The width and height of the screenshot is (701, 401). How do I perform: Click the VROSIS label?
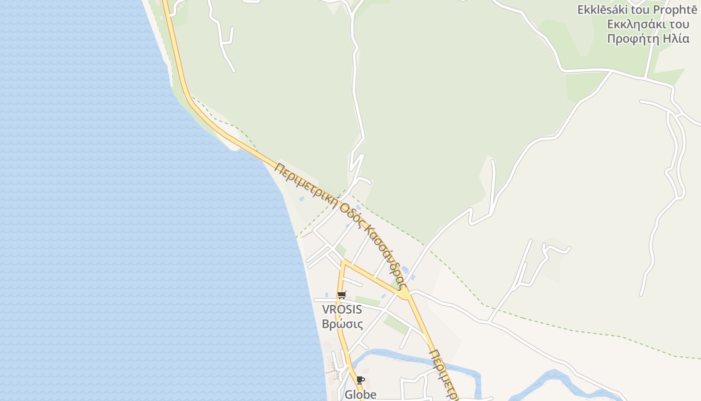[342, 309]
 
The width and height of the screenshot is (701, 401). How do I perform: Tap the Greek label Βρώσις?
[342, 324]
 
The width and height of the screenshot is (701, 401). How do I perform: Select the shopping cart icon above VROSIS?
[341, 295]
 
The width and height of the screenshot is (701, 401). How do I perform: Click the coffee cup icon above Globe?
[360, 380]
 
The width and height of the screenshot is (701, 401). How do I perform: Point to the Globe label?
[360, 394]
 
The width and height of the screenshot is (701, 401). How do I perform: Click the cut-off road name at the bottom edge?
[444, 373]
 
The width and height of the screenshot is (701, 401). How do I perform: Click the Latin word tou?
[639, 10]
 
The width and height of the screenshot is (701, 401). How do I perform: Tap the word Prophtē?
[672, 10]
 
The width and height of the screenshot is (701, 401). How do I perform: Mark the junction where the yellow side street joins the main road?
[405, 294]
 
